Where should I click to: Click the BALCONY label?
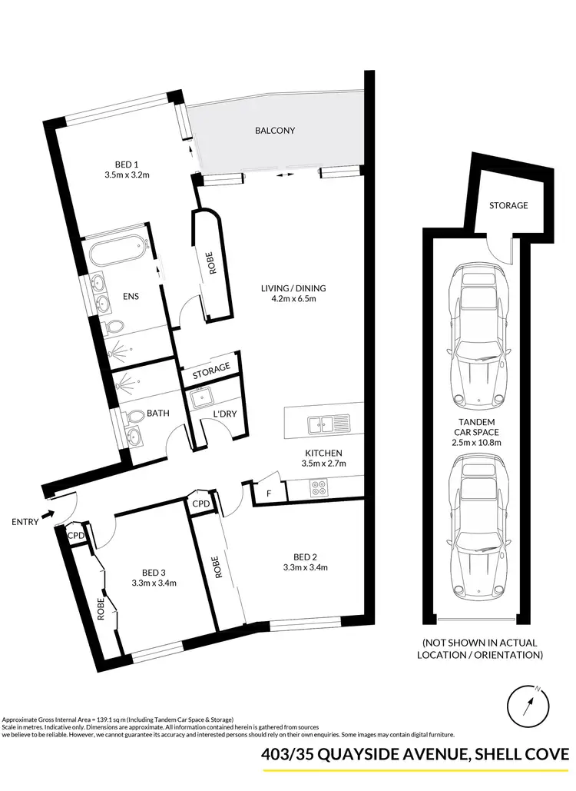(275, 131)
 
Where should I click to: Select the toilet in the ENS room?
(112, 327)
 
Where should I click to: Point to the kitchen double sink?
(326, 422)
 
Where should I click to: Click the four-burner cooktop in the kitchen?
(318, 487)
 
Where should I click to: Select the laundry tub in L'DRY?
(203, 397)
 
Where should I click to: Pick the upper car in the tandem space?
(478, 334)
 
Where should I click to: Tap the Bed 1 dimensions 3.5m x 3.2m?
(127, 175)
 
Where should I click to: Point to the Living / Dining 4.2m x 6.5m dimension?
(287, 299)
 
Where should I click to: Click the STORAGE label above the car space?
(508, 205)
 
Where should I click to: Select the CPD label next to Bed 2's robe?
(201, 504)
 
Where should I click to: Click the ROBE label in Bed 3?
(101, 610)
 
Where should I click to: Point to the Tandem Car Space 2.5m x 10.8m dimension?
(477, 442)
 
